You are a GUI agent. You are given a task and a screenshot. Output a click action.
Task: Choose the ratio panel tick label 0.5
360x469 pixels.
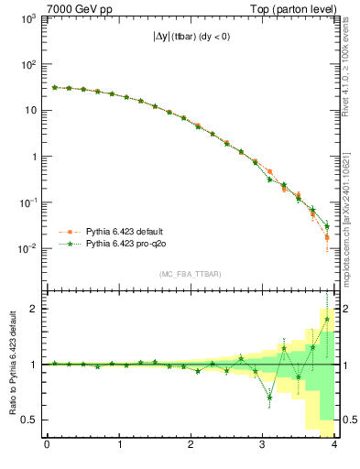[29, 420]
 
